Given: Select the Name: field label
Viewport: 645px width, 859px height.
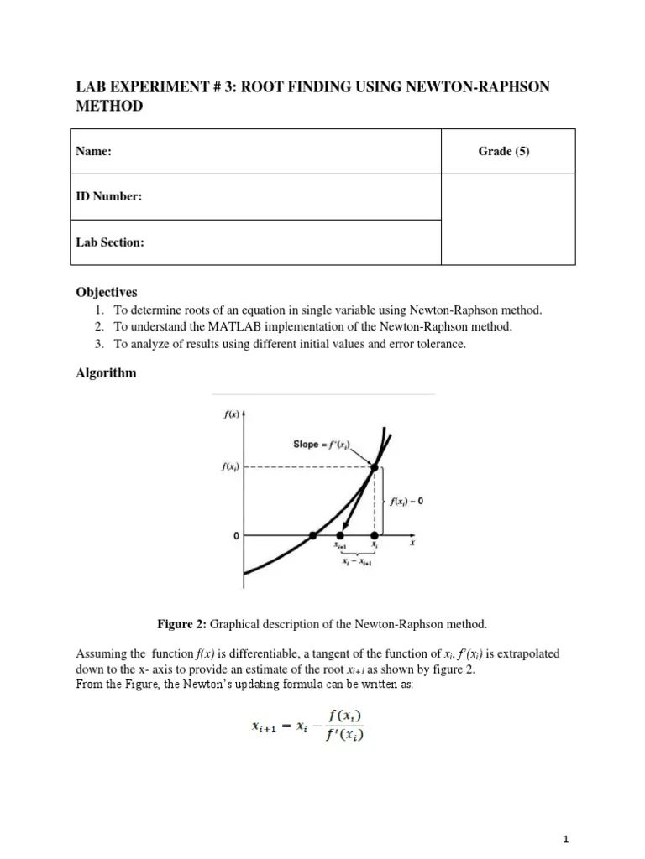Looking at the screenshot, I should pos(94,152).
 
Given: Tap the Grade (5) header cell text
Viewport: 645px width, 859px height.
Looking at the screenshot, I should pos(504,151).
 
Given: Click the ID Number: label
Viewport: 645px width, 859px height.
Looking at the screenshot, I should pos(109,197).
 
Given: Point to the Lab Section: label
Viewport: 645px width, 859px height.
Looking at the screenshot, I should pos(110,242).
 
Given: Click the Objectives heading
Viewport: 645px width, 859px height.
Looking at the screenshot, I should pos(107,292).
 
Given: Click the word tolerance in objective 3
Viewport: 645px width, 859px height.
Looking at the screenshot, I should pos(437,345).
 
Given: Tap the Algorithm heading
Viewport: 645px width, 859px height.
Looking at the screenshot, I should pos(106,373).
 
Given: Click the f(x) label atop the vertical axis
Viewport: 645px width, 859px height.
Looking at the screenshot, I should pos(229,414).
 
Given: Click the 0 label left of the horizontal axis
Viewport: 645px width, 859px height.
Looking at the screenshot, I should pos(238,535).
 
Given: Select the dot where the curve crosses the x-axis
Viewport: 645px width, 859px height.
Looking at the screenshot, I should pos(312,535).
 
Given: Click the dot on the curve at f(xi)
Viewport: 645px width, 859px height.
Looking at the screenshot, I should pos(375,467).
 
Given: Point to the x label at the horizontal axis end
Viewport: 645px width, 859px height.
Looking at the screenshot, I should pos(412,543).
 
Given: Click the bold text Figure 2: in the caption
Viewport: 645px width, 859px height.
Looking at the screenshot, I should pos(182,624).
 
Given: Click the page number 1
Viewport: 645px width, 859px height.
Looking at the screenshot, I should pos(567,839).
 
